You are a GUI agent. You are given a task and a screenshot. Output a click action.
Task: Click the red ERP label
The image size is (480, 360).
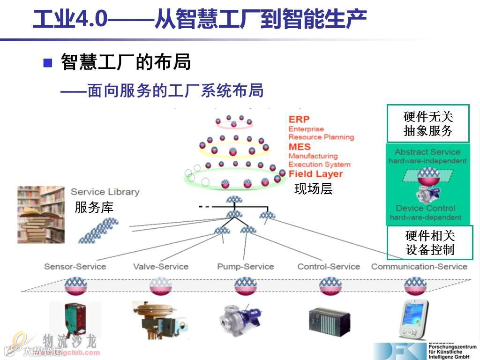point(299,120)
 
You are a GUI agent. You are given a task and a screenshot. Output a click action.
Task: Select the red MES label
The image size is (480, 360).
point(300,147)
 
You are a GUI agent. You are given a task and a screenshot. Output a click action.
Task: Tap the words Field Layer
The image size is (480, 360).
point(315,174)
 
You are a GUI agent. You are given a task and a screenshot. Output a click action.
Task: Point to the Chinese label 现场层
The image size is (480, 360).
point(313,189)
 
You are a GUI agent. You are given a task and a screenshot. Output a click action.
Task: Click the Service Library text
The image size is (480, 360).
point(105,192)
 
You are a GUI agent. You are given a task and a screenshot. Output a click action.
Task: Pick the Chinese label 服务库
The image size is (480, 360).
point(94,208)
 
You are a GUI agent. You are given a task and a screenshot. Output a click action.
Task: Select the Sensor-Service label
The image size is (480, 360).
point(75,267)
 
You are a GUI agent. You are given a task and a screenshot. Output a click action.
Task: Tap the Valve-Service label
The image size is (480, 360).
point(161,267)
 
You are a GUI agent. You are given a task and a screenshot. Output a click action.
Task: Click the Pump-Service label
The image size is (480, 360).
point(245,267)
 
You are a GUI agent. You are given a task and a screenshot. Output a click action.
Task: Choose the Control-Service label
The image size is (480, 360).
point(329,267)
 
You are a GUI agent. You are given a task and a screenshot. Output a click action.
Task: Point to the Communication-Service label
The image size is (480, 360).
point(419,267)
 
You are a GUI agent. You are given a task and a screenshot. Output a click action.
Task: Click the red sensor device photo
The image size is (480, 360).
point(68,319)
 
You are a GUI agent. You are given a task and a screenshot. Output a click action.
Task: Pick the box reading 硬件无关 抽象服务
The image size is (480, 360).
point(428,124)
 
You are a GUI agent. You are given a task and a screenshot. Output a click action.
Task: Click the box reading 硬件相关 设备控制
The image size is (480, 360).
point(430,242)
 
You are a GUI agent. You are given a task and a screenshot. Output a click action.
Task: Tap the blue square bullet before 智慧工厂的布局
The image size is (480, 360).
point(48,63)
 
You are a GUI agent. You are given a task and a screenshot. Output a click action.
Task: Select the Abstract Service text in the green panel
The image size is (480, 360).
point(427,152)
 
